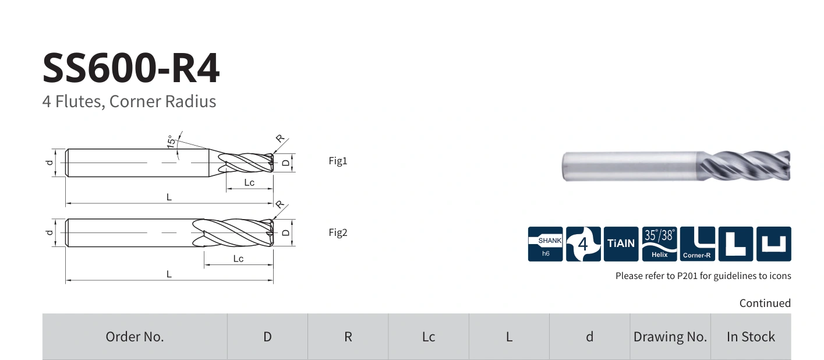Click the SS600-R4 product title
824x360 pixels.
(131, 68)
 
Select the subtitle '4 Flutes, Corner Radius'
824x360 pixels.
(129, 101)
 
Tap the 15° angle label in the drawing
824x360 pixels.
(171, 142)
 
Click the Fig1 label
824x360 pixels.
(338, 161)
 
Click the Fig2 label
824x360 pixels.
(338, 232)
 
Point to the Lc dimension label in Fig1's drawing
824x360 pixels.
(249, 182)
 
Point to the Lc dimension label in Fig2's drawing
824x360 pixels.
(238, 259)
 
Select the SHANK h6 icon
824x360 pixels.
(545, 244)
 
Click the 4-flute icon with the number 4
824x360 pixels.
(583, 244)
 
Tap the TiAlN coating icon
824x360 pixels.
(621, 244)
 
